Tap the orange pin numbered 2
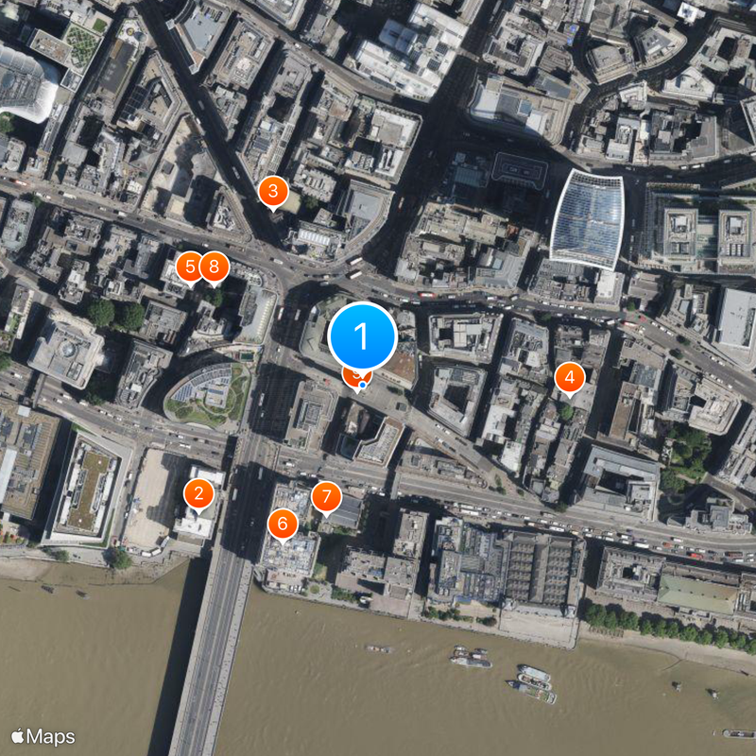click(x=198, y=493)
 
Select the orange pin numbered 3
click(x=273, y=193)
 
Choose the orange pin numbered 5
click(x=190, y=266)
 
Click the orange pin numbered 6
click(x=283, y=524)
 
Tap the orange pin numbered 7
click(x=326, y=496)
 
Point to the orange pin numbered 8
click(x=215, y=266)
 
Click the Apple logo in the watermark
click(x=18, y=736)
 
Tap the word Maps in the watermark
click(x=51, y=736)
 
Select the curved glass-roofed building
click(x=587, y=219)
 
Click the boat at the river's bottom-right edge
click(x=738, y=733)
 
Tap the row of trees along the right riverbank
click(x=661, y=625)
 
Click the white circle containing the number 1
click(x=361, y=335)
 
